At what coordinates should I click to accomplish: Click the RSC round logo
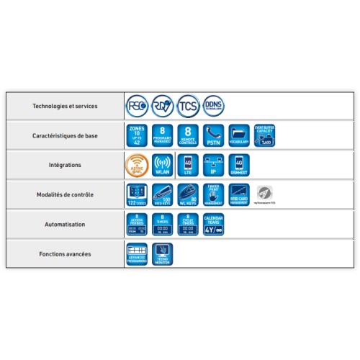point(137,106)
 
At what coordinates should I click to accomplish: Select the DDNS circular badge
point(213,106)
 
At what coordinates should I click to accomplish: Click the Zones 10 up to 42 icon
point(136,135)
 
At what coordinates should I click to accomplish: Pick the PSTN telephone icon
point(213,135)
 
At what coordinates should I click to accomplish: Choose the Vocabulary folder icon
point(239,135)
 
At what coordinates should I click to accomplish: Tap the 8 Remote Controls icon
point(187,135)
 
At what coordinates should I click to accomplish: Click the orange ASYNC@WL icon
point(137,165)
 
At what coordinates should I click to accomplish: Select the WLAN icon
point(163,165)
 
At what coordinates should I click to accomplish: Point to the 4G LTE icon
point(188,165)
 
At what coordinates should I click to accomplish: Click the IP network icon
point(213,165)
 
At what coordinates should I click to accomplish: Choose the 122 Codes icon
point(136,194)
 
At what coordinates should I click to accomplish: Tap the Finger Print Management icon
point(213,194)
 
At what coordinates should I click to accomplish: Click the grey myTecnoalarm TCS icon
point(265,194)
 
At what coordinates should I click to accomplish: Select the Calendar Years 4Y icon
point(213,224)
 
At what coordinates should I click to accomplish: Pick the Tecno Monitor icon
point(163,253)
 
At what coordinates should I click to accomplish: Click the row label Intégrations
point(65,165)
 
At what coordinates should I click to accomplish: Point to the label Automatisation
point(65,224)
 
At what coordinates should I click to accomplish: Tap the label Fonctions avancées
point(65,253)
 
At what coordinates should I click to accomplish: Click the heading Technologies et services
point(65,106)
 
